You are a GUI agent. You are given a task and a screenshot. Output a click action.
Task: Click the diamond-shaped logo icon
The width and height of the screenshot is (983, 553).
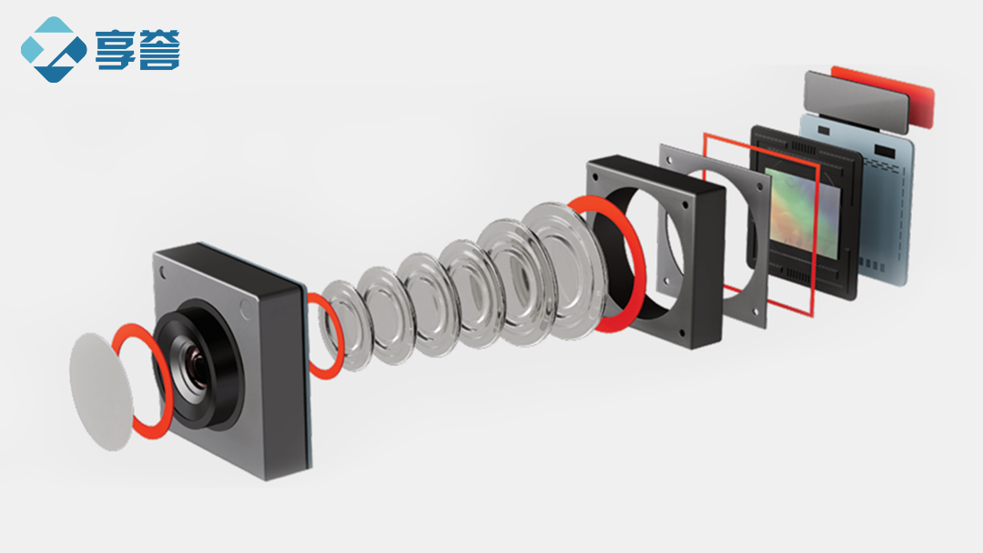tap(54, 49)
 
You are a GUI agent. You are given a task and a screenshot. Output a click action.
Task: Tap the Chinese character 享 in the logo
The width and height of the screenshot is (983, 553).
tap(115, 49)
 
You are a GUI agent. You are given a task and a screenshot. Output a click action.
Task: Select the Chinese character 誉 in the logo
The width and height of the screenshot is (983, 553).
tap(159, 49)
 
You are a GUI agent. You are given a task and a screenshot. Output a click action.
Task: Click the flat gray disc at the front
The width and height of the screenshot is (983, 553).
tap(101, 391)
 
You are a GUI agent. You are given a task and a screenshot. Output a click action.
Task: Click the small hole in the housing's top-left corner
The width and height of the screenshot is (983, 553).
tap(163, 273)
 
